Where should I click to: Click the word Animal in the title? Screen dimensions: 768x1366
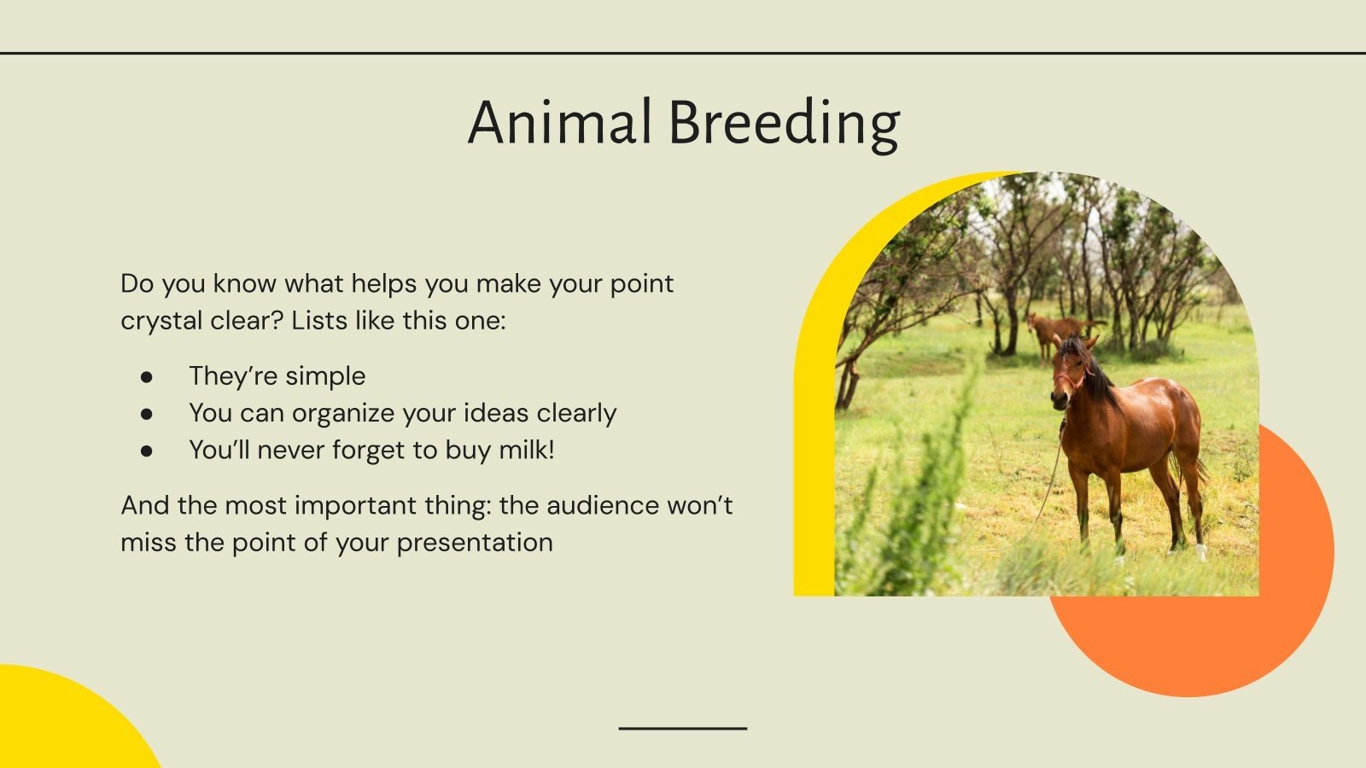click(x=558, y=122)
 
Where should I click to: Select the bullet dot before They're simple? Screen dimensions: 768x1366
click(x=147, y=376)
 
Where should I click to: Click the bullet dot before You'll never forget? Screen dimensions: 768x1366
click(x=147, y=451)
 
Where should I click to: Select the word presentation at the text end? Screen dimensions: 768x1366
click(x=475, y=543)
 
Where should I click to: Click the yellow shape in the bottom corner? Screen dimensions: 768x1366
click(x=60, y=725)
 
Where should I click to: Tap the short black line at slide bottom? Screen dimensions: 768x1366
click(x=682, y=728)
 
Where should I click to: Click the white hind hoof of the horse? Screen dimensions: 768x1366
click(x=1201, y=552)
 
